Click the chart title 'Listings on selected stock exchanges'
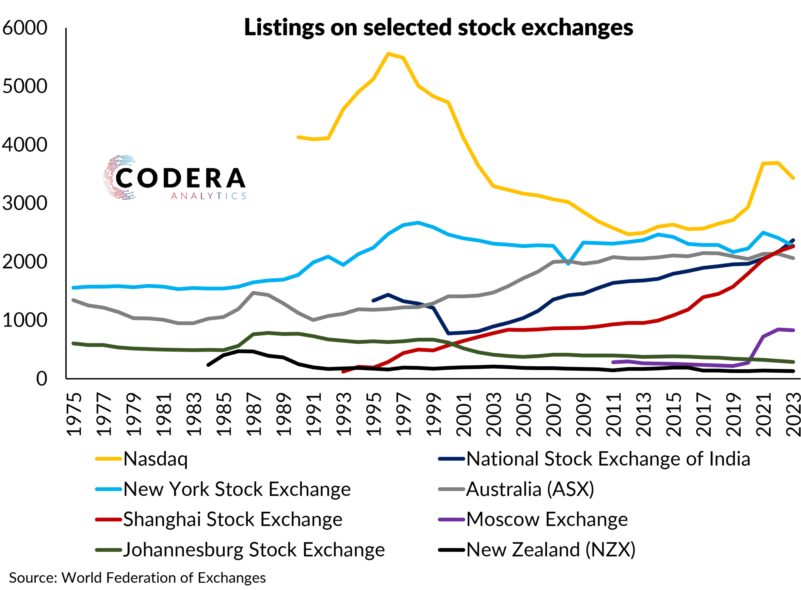pyautogui.click(x=438, y=28)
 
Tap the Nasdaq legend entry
pyautogui.click(x=155, y=459)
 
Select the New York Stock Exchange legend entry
pyautogui.click(x=237, y=489)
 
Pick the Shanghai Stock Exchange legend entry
pyautogui.click(x=232, y=520)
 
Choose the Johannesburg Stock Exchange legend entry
pyautogui.click(x=254, y=550)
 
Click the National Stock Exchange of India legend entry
pyautogui.click(x=608, y=459)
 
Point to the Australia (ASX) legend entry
pyautogui.click(x=530, y=489)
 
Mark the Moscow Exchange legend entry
pyautogui.click(x=547, y=520)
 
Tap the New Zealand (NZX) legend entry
pyautogui.click(x=550, y=550)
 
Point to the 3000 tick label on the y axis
pyautogui.click(x=25, y=203)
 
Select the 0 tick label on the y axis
pyautogui.click(x=41, y=379)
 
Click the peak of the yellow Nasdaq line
pyautogui.click(x=388, y=54)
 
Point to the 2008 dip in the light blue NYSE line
pyautogui.click(x=568, y=264)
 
